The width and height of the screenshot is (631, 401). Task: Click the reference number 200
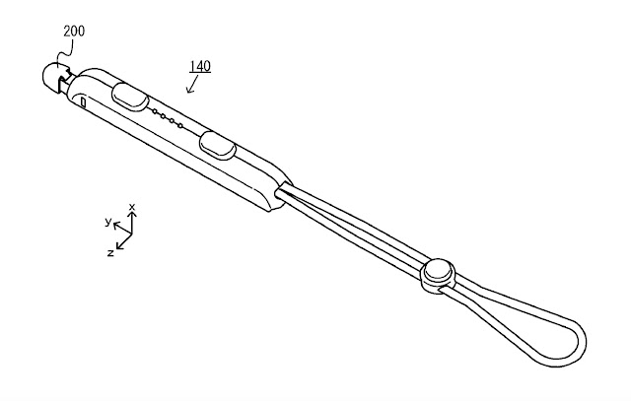pos(73,32)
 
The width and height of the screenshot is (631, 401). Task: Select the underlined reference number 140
pos(199,67)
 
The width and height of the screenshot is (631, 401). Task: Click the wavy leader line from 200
pos(65,51)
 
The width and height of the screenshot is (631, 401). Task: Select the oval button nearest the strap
pos(218,146)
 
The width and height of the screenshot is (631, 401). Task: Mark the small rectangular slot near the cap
pos(84,101)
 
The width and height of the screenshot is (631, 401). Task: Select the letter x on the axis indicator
pos(132,208)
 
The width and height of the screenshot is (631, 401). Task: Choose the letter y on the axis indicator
pos(107,223)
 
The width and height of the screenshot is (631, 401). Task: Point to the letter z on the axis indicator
pos(111,252)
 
